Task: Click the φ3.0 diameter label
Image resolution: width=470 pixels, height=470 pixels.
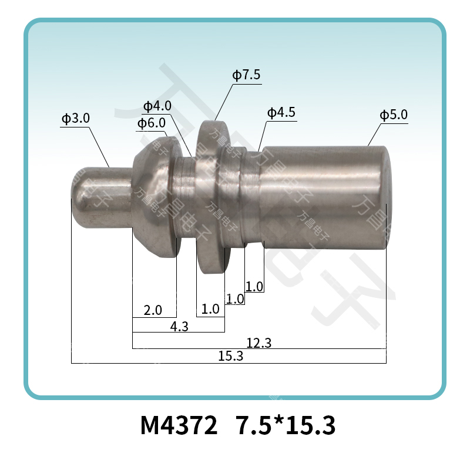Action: click(75, 118)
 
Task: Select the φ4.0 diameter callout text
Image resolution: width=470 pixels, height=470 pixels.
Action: click(157, 106)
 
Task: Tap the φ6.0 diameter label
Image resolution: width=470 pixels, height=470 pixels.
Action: click(150, 123)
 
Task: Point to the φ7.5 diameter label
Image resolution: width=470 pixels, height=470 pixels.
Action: click(246, 75)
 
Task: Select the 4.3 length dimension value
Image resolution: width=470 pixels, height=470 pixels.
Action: click(179, 327)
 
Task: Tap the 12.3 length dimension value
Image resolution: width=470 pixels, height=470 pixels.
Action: click(258, 343)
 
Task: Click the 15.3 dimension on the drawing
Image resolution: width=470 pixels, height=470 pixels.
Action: click(230, 357)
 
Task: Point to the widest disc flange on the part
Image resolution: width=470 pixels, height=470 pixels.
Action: click(211, 197)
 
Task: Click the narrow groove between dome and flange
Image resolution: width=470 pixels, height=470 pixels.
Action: click(186, 197)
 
